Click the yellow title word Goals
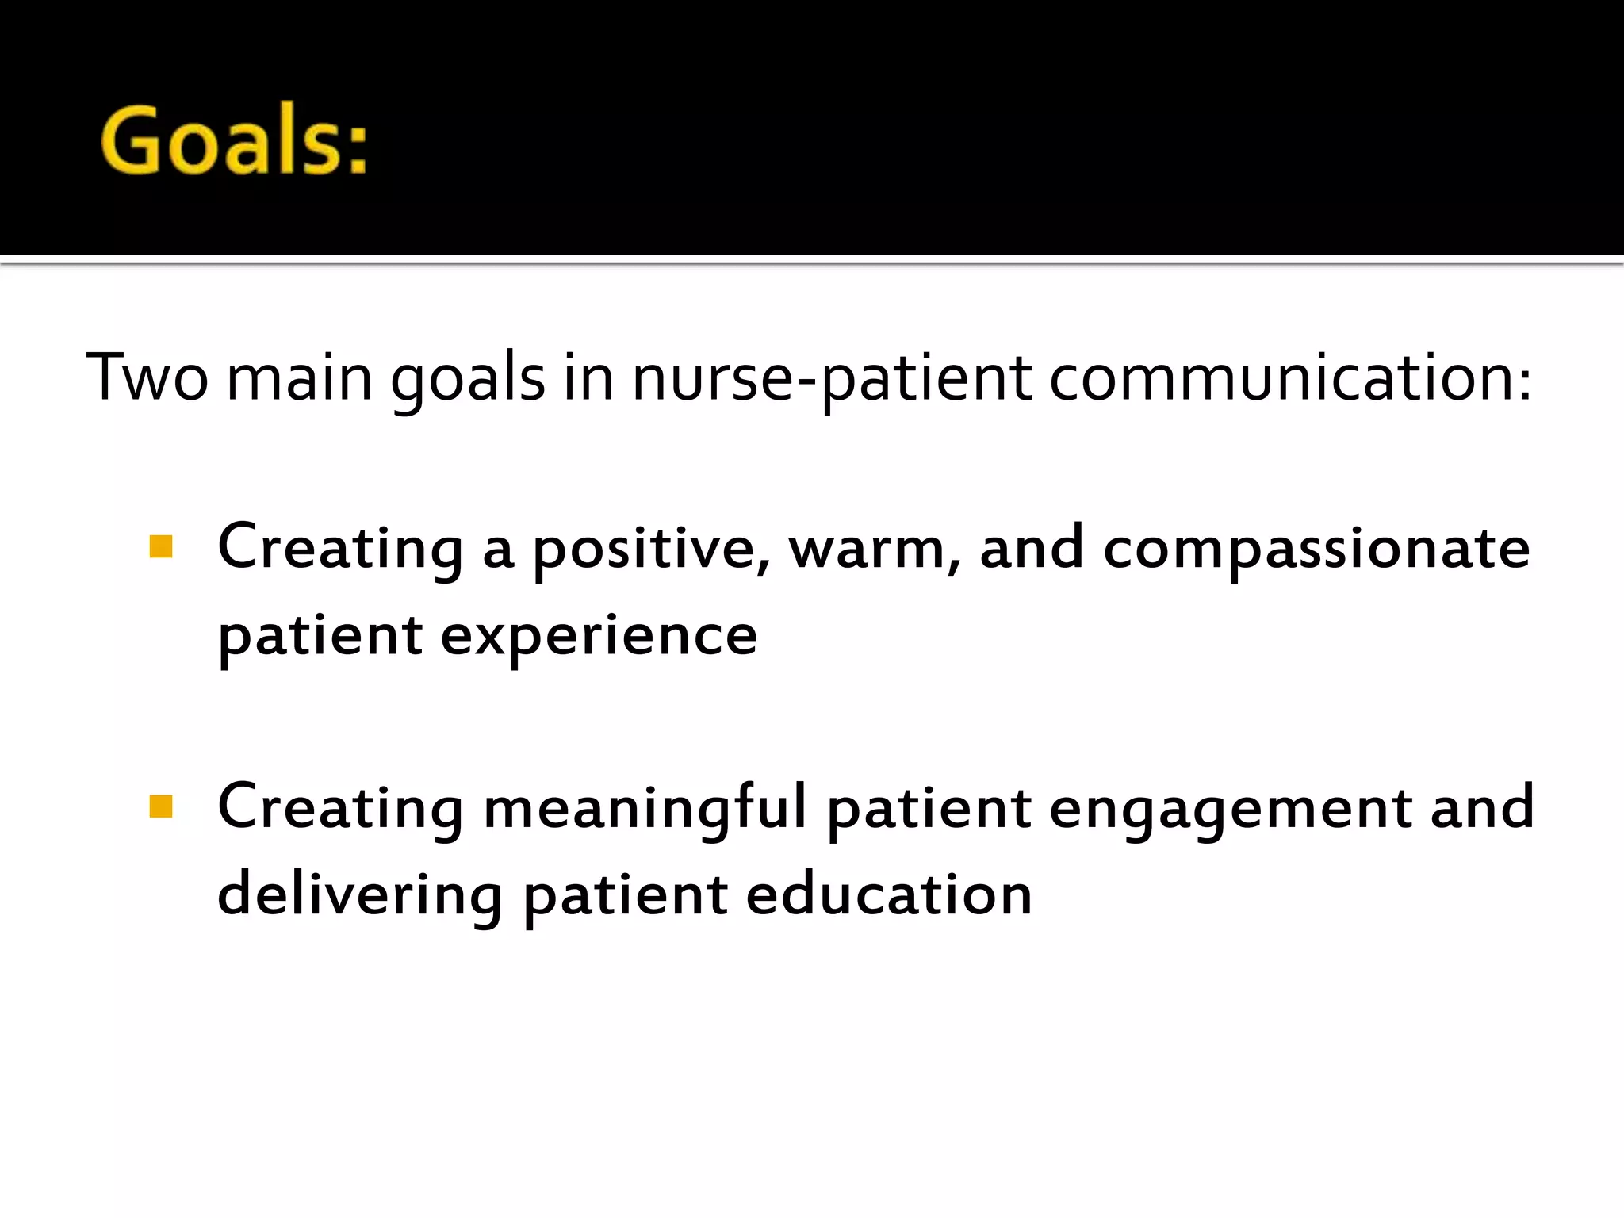click(234, 141)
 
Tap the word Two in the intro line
click(147, 377)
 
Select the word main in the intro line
click(299, 377)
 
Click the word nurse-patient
click(832, 377)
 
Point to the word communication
click(1289, 377)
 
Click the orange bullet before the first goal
click(161, 547)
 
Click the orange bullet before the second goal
click(161, 806)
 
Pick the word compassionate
click(1316, 550)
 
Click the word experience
click(599, 637)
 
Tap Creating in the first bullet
click(340, 548)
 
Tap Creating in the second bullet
click(340, 808)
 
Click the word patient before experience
click(320, 637)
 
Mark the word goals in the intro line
click(468, 379)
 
